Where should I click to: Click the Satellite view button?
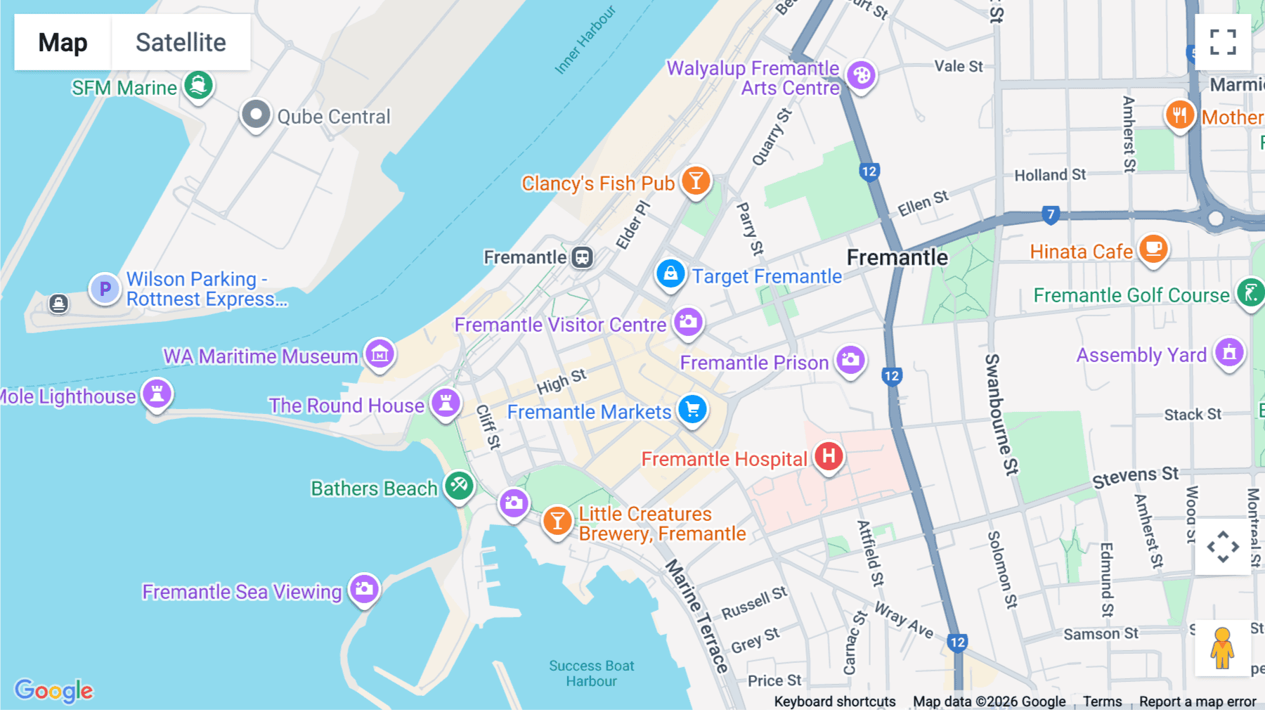click(x=181, y=42)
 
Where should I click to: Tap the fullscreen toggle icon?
click(x=1223, y=42)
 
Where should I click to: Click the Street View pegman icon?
click(x=1222, y=647)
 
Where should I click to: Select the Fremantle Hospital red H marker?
click(x=829, y=456)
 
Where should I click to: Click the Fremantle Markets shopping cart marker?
click(x=692, y=409)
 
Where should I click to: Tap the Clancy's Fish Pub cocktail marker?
click(x=696, y=181)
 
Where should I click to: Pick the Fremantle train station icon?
click(x=582, y=257)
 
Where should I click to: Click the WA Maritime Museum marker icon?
click(x=380, y=354)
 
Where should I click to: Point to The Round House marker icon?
click(x=446, y=403)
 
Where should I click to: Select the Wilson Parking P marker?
click(x=105, y=289)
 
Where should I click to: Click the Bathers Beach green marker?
click(x=459, y=485)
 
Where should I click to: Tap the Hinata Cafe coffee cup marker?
click(x=1153, y=249)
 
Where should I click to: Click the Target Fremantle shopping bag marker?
click(x=670, y=274)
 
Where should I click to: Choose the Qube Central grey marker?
click(x=256, y=114)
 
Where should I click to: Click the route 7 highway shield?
click(x=1050, y=214)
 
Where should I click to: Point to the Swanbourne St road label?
click(x=1001, y=415)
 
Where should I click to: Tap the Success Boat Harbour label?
click(x=591, y=673)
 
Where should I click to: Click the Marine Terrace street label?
click(x=696, y=616)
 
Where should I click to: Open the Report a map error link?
click(x=1197, y=702)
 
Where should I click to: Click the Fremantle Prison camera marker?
click(x=850, y=360)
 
